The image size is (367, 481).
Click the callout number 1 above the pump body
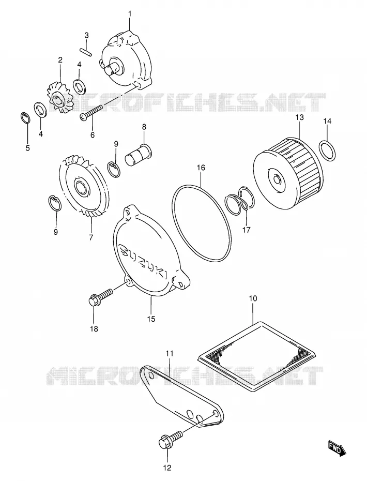click(x=129, y=14)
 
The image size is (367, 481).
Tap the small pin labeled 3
click(x=85, y=52)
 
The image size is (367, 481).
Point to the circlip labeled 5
click(x=25, y=118)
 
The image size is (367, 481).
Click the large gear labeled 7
click(x=84, y=189)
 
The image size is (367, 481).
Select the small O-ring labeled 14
click(x=327, y=151)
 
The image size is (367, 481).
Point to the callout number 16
click(x=201, y=168)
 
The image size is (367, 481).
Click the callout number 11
click(x=170, y=353)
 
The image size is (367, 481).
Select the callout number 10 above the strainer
click(x=253, y=298)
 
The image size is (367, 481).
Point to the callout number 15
click(x=151, y=319)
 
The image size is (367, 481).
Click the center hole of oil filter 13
click(x=277, y=178)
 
